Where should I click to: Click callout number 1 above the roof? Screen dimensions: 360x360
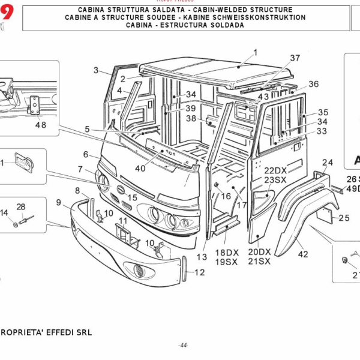pyautogui.click(x=254, y=53)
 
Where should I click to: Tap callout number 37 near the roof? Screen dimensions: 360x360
pyautogui.click(x=295, y=58)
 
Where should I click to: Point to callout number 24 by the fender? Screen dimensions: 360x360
pyautogui.click(x=327, y=163)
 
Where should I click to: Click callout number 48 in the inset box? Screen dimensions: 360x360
pyautogui.click(x=40, y=125)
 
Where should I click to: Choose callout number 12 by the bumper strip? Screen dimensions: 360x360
pyautogui.click(x=200, y=272)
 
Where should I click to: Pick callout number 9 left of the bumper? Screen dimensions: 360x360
pyautogui.click(x=59, y=203)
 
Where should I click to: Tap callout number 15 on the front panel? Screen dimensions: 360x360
pyautogui.click(x=132, y=197)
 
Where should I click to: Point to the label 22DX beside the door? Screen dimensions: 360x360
pyautogui.click(x=276, y=170)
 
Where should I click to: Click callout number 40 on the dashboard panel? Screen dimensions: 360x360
pyautogui.click(x=140, y=169)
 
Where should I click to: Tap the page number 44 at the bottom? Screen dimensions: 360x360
pyautogui.click(x=183, y=346)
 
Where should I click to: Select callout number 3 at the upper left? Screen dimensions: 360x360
pyautogui.click(x=96, y=71)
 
